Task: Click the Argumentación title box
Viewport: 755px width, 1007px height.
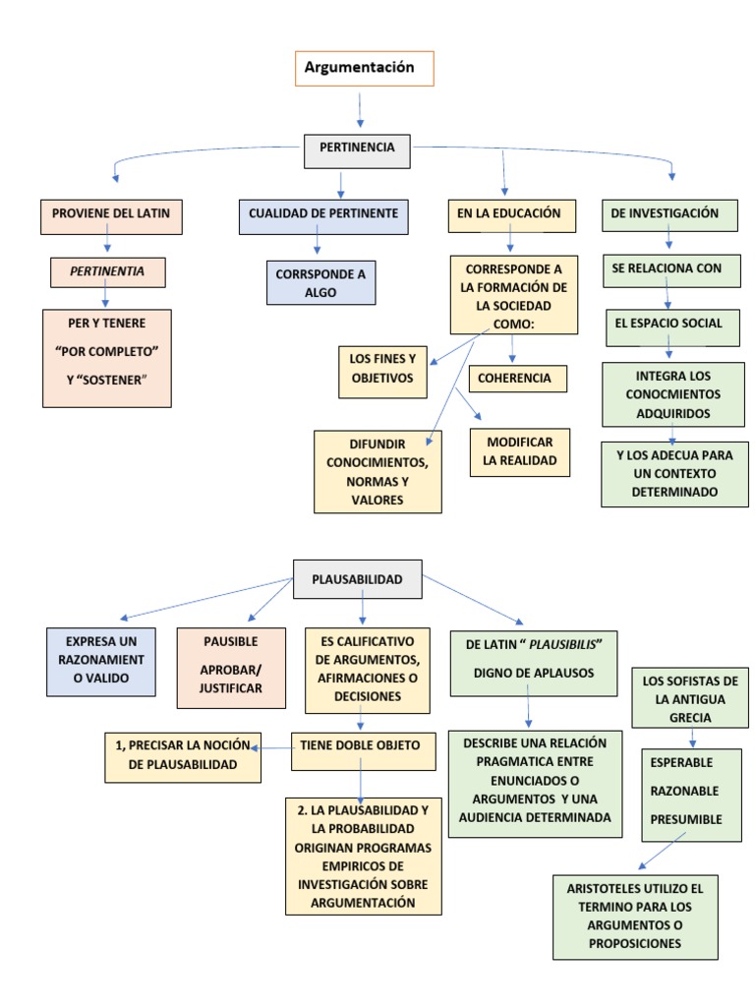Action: tap(364, 68)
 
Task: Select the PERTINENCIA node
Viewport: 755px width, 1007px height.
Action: tap(357, 148)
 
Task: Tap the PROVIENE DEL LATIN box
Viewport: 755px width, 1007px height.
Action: tap(111, 213)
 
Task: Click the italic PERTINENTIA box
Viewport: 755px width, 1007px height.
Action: tap(108, 270)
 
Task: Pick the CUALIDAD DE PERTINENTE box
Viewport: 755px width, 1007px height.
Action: tap(323, 213)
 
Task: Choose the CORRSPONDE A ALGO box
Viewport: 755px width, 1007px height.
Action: tap(320, 283)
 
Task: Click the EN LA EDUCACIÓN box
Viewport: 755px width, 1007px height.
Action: tap(510, 213)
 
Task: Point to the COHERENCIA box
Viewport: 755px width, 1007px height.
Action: tap(518, 378)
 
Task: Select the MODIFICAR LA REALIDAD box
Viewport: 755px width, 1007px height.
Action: tap(520, 451)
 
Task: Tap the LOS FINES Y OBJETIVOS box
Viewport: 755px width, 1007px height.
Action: tap(382, 369)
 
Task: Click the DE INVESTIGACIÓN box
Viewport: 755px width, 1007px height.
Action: tap(669, 213)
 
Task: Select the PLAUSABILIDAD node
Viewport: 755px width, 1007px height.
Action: tap(358, 579)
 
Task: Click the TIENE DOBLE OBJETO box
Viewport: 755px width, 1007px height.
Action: tap(360, 746)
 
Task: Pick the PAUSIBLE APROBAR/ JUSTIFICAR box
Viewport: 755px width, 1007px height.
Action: tap(231, 668)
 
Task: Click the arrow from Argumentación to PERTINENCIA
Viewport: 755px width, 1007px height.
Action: tap(361, 110)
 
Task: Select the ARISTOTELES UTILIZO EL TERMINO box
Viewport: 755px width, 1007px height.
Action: tap(635, 916)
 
